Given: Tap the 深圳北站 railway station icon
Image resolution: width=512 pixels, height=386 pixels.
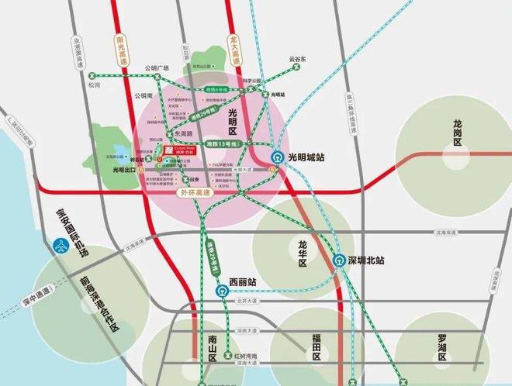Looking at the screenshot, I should (x=338, y=261).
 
